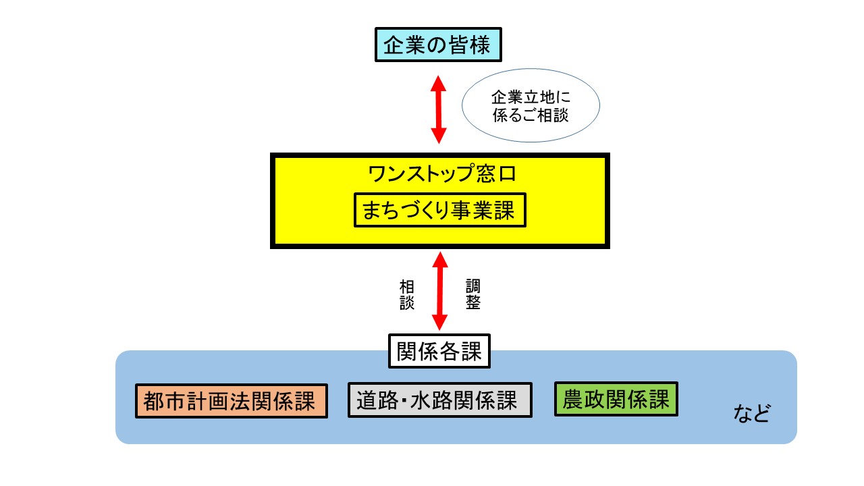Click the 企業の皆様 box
point(439,46)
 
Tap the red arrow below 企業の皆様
point(439,109)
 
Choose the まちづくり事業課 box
point(439,212)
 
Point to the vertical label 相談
point(406,295)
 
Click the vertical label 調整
point(473,295)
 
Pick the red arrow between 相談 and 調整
point(440,292)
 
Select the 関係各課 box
point(439,352)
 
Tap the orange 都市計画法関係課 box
point(231,402)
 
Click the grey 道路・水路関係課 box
point(439,401)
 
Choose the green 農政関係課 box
point(615,400)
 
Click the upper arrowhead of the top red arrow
point(439,84)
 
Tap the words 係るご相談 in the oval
point(531,115)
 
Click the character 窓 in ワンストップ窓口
point(485,175)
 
